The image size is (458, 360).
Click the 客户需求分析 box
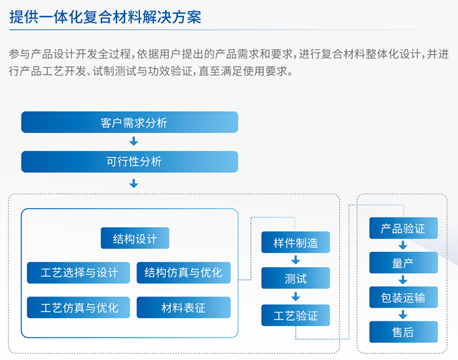pyautogui.click(x=130, y=122)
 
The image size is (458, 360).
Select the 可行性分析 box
pyautogui.click(x=130, y=162)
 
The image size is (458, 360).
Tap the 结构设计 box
pyautogui.click(x=135, y=238)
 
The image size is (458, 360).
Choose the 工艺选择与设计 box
pyautogui.click(x=79, y=273)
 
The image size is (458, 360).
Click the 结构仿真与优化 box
pyautogui.click(x=183, y=273)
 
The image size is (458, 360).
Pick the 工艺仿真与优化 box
pyautogui.click(x=79, y=308)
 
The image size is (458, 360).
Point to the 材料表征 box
pyautogui.click(x=183, y=308)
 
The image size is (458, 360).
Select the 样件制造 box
pyautogui.click(x=296, y=242)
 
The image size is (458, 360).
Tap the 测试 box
pyautogui.click(x=296, y=278)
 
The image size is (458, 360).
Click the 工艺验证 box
pyautogui.click(x=296, y=315)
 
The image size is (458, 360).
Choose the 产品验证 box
pyautogui.click(x=404, y=228)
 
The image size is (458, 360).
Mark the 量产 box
pyautogui.click(x=404, y=262)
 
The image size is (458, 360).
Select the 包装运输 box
pyautogui.click(x=404, y=297)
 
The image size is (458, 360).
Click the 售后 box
pyautogui.click(x=404, y=332)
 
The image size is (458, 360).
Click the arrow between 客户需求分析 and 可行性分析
pyautogui.click(x=133, y=141)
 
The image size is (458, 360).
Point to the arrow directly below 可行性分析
pyautogui.click(x=133, y=183)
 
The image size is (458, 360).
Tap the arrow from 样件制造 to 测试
pyautogui.click(x=296, y=260)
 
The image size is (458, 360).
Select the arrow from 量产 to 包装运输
pyautogui.click(x=403, y=280)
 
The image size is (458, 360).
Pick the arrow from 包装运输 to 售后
pyautogui.click(x=403, y=315)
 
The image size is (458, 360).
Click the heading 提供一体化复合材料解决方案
pyautogui.click(x=105, y=16)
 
